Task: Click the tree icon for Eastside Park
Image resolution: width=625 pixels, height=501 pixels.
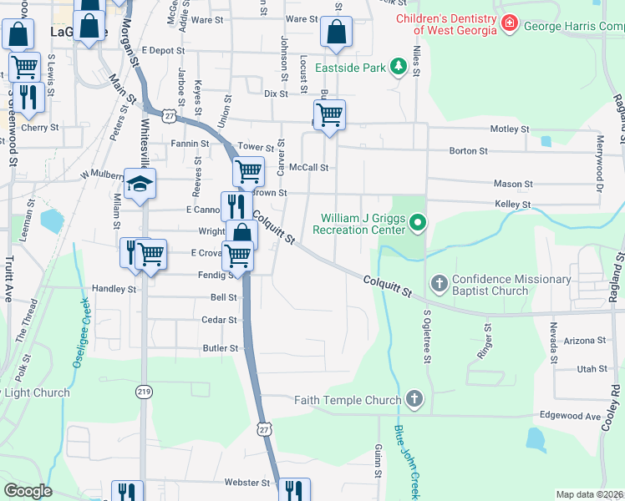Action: point(400,67)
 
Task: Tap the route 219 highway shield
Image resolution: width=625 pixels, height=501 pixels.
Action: point(144,391)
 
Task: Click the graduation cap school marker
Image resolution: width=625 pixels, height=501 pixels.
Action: point(140,185)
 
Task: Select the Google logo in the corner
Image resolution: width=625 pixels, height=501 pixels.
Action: point(28,491)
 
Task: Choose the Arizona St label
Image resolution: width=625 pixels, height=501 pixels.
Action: point(584,341)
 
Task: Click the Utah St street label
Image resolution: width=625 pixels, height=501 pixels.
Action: point(592,368)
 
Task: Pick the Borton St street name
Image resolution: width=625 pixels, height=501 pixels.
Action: point(468,151)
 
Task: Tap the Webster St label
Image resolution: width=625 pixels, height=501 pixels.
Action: point(247,483)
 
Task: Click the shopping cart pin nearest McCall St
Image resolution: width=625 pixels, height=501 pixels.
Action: point(248,171)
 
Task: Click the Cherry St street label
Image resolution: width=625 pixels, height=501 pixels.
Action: point(41,128)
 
